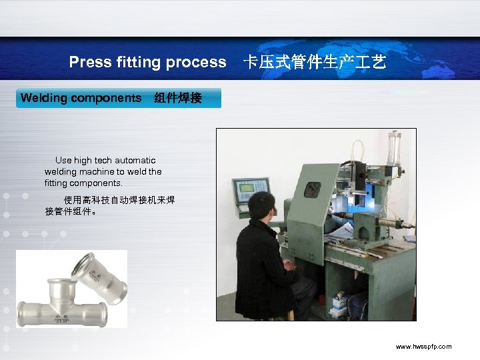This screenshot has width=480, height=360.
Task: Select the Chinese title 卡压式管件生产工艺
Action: click(x=314, y=63)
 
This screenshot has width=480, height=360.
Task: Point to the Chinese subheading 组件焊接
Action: click(x=177, y=99)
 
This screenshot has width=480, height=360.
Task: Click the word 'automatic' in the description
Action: click(x=135, y=160)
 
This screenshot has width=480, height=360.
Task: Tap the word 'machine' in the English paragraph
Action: click(x=98, y=171)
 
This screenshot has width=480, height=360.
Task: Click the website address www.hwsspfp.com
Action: click(x=423, y=347)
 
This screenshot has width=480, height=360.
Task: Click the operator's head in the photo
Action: click(x=261, y=207)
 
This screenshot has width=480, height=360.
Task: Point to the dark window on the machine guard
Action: click(x=312, y=189)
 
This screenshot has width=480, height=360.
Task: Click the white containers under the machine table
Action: click(x=339, y=304)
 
